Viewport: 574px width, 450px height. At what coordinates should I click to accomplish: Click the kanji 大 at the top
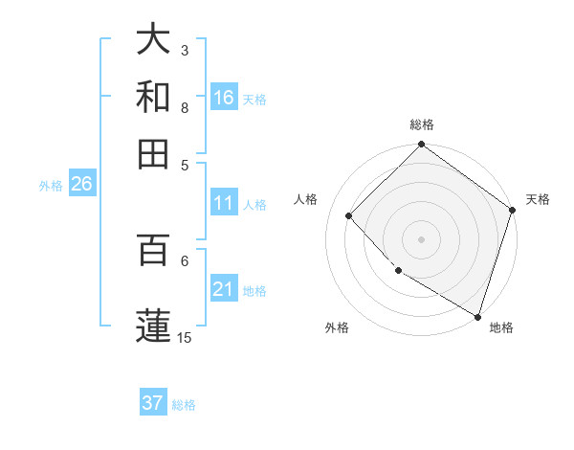coord(154,40)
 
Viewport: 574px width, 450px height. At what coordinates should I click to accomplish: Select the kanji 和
coord(154,97)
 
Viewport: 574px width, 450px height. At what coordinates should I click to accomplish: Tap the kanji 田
coord(154,153)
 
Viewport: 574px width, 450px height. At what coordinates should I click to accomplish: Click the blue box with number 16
coord(224,97)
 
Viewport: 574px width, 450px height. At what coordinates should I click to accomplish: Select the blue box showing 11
coord(224,203)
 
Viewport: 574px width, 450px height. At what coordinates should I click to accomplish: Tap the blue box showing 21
coord(224,289)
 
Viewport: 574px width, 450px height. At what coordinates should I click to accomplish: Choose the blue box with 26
coord(81,185)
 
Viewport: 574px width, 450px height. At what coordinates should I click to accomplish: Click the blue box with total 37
coord(153,403)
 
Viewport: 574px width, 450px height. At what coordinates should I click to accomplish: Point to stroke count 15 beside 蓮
coord(185,337)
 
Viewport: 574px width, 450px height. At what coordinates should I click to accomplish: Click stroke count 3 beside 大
coord(185,50)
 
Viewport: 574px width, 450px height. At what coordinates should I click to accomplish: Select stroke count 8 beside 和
coord(185,108)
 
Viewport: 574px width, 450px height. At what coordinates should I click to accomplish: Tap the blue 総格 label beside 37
coord(184,405)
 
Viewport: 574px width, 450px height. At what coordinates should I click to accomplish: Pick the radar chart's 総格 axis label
coord(422,124)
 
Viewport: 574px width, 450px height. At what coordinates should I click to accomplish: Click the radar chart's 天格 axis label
coord(538,199)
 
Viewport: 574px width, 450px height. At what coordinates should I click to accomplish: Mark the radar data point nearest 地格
coord(477,316)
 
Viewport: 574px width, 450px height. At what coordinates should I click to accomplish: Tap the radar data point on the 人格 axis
coord(349,215)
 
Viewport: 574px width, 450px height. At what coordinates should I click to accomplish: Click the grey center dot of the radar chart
coord(421,238)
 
